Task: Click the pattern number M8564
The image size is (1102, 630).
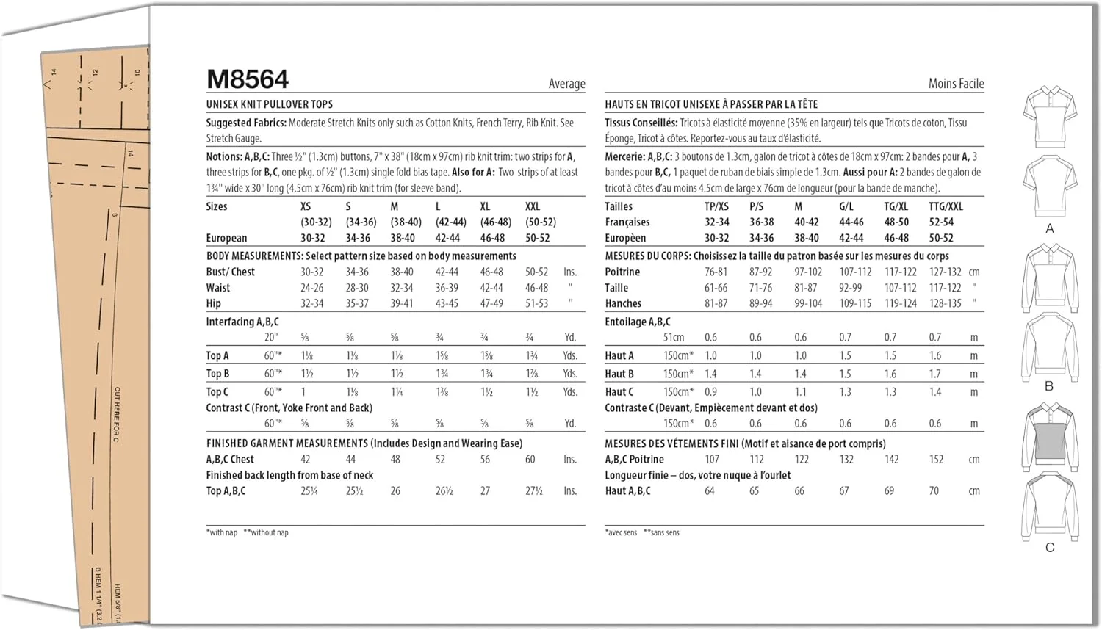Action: click(x=248, y=79)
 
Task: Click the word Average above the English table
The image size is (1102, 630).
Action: click(x=566, y=84)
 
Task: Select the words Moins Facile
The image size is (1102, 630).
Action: click(x=955, y=84)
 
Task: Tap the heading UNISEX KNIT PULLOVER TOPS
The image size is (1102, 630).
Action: click(x=269, y=104)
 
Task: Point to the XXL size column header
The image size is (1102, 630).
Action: click(x=533, y=206)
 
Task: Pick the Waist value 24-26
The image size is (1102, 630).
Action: click(x=311, y=288)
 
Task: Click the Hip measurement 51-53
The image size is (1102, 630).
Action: click(x=536, y=303)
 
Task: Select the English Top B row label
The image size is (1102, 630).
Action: click(x=217, y=374)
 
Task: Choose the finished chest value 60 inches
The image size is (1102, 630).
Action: click(x=530, y=460)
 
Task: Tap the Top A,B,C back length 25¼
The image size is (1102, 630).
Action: click(x=309, y=491)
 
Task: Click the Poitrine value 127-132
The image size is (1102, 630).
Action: click(x=945, y=272)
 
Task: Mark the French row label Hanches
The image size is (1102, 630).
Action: click(x=623, y=303)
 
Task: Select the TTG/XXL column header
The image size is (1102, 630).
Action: click(x=946, y=206)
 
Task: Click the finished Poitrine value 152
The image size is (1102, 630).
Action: click(x=936, y=460)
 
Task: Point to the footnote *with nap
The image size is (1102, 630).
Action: click(x=222, y=532)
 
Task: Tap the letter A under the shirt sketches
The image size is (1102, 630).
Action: click(x=1049, y=229)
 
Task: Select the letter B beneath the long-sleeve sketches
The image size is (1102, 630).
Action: click(x=1049, y=386)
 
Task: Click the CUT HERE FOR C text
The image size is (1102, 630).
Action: click(x=116, y=414)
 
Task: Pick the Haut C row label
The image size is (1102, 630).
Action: click(x=619, y=392)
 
